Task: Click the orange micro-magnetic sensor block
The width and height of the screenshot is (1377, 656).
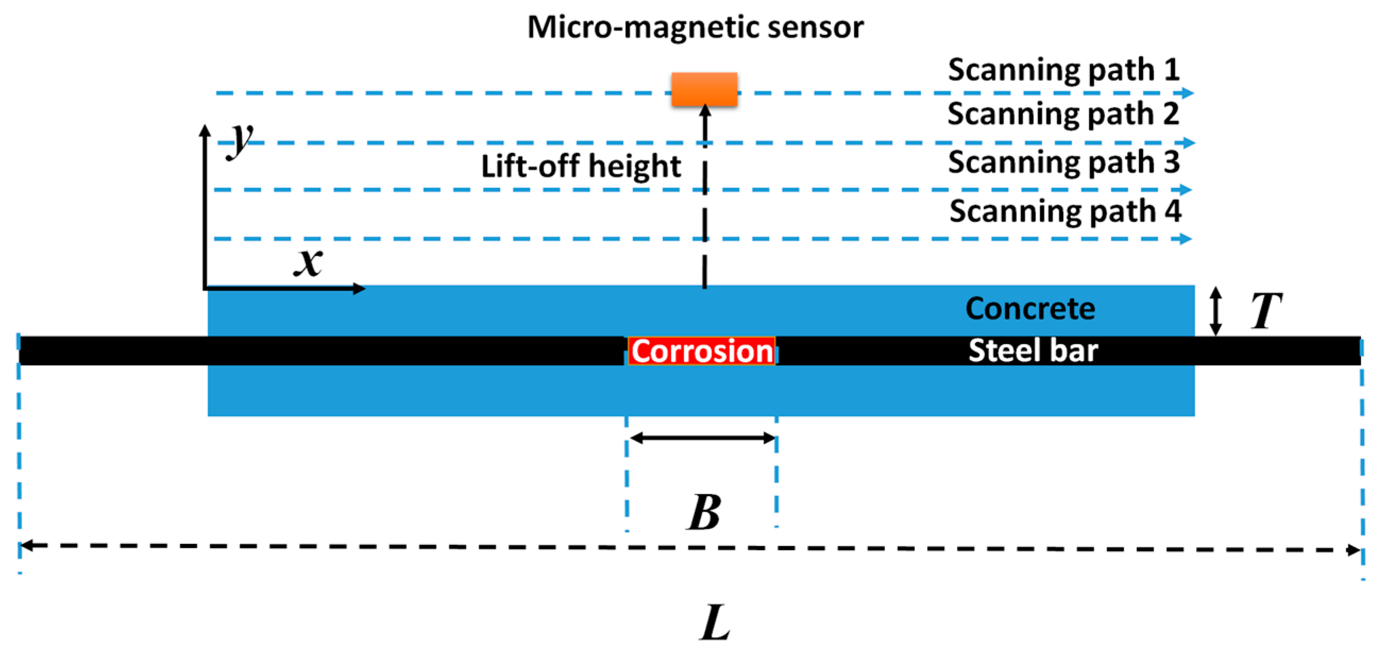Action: click(x=704, y=89)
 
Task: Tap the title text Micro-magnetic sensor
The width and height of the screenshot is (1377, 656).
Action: click(x=695, y=27)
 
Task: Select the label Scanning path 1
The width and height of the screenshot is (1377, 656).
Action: click(x=1064, y=70)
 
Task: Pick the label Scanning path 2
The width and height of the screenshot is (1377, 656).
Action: click(x=1063, y=113)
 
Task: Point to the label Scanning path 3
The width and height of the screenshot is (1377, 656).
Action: click(x=1064, y=162)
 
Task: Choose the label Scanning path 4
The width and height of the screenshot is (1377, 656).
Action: click(x=1065, y=211)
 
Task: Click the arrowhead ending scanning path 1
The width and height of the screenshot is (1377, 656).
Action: click(x=1188, y=93)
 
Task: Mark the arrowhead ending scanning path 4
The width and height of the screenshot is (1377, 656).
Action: click(x=1186, y=238)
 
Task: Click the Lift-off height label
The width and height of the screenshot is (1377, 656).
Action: click(x=581, y=166)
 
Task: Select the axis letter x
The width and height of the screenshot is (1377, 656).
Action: click(x=309, y=262)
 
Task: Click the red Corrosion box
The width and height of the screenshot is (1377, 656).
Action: click(x=701, y=351)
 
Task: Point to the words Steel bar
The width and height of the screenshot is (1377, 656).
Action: click(x=1033, y=351)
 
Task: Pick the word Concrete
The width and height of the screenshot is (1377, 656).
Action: click(x=1030, y=309)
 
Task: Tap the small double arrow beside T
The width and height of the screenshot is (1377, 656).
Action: click(x=1215, y=311)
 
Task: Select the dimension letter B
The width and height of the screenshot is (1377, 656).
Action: click(x=703, y=512)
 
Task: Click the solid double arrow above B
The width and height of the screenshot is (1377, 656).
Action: click(x=702, y=438)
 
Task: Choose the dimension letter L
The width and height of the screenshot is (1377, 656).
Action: click(x=715, y=623)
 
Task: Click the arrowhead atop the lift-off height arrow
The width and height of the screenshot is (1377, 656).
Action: click(x=705, y=109)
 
